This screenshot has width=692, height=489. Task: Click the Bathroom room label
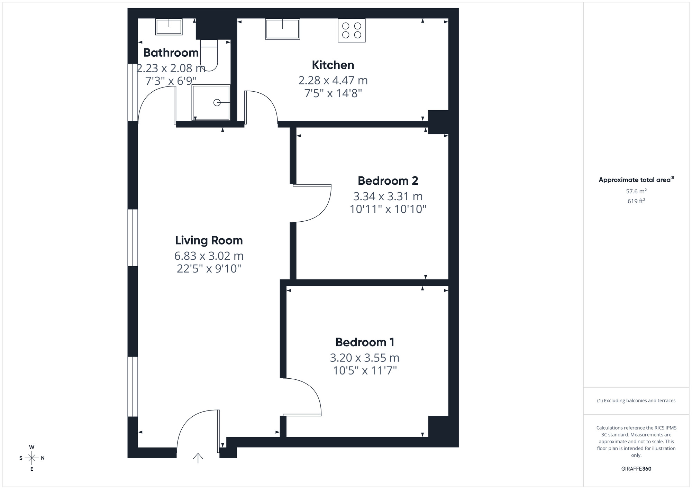171,53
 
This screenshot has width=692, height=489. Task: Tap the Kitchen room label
333,65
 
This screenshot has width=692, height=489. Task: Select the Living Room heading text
209,240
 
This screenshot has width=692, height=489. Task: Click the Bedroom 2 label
388,181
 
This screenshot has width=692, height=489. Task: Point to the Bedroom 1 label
365,342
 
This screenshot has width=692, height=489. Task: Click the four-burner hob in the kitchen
352,30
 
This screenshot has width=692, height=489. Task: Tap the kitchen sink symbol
282,29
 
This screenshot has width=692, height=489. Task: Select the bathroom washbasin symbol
169,27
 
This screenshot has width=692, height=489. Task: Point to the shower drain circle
217,103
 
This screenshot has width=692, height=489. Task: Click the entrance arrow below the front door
198,458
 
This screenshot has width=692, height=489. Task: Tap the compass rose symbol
32,458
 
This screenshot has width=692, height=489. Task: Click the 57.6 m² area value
636,191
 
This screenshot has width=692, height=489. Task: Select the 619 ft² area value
636,201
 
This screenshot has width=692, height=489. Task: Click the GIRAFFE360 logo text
636,469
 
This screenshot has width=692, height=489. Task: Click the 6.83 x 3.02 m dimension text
209,256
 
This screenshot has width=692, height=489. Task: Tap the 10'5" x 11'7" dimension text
365,371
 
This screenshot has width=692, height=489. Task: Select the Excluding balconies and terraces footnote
636,400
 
